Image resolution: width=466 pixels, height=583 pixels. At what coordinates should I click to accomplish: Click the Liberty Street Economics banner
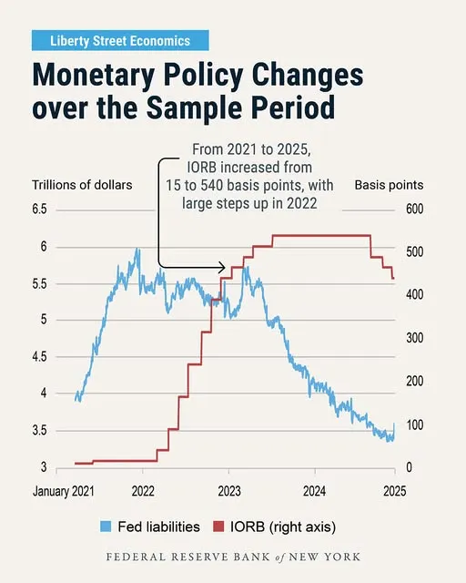pyautogui.click(x=120, y=40)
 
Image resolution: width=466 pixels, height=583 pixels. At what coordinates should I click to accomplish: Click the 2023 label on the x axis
pyautogui.click(x=228, y=491)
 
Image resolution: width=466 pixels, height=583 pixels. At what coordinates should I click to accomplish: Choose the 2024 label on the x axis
pyautogui.click(x=315, y=491)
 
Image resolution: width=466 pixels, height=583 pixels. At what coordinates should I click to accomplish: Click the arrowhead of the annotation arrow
pyautogui.click(x=223, y=268)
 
